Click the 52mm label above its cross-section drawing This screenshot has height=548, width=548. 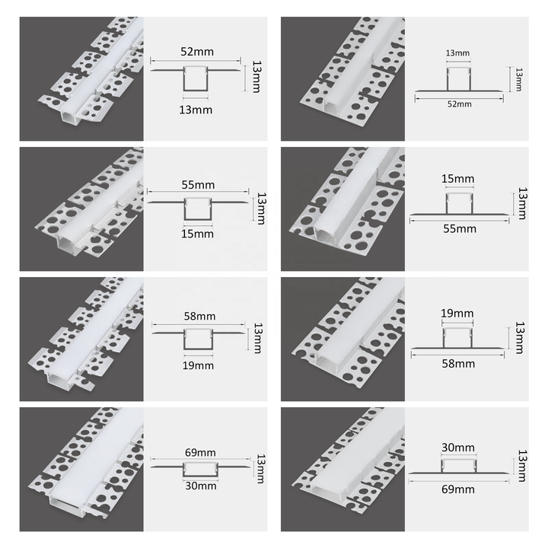197,52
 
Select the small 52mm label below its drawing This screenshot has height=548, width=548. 459,104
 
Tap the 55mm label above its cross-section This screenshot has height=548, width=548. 198,184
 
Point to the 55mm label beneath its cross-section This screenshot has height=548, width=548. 460,228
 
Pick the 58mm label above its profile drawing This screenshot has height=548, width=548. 199,317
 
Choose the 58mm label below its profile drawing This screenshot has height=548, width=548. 458,364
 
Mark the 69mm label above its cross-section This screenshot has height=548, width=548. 200,453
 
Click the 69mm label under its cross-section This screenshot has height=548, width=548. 458,489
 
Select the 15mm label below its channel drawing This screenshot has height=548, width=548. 197,234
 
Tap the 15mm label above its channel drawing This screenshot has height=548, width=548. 457,179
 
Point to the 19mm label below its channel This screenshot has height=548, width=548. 198,365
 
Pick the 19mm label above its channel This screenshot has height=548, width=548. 457,313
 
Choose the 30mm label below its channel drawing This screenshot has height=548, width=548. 201,486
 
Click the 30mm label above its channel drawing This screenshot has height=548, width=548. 458,448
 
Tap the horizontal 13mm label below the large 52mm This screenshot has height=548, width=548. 196,110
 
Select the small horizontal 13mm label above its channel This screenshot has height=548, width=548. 457,53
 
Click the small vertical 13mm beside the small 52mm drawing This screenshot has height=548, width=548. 519,80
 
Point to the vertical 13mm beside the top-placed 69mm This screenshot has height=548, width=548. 261,468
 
